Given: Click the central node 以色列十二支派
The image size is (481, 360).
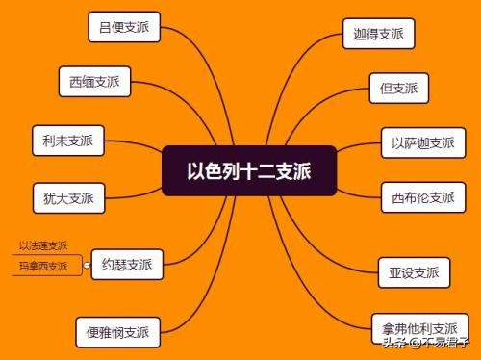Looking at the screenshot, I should (248, 170).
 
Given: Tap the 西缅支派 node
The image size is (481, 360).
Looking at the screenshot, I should (94, 81).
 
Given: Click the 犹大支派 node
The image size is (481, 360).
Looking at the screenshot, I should (68, 198).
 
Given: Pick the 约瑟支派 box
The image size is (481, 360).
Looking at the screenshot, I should (127, 263).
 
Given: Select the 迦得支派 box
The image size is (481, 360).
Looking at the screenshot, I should (378, 35).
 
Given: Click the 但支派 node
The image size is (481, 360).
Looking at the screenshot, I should (398, 88).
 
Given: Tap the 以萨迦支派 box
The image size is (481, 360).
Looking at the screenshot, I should (422, 142).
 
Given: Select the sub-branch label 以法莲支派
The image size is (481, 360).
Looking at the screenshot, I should (43, 246).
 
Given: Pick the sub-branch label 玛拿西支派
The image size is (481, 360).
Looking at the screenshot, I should (43, 267).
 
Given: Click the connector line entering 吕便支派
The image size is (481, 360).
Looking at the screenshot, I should (178, 34).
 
